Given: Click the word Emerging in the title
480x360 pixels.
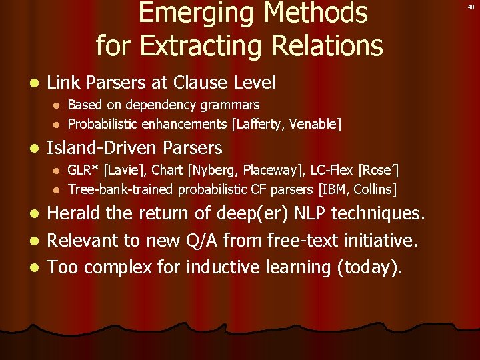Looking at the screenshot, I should point(190,13).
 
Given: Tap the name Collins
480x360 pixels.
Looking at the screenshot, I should point(375,189).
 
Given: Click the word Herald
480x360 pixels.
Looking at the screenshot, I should point(74,213).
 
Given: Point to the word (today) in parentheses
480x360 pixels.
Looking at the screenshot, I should point(369,267).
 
